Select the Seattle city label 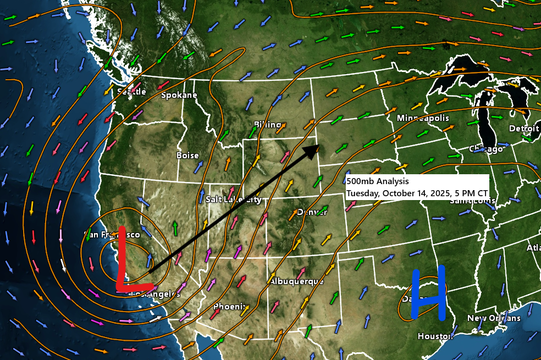point(131,91)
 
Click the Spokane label point(179,95)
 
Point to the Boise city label point(187,156)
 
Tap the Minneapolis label point(423,118)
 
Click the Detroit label point(523,128)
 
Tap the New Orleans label point(493,318)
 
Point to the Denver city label point(312,212)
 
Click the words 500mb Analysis point(377,181)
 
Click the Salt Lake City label point(233,200)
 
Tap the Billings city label point(268,125)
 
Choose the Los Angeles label point(156,294)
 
